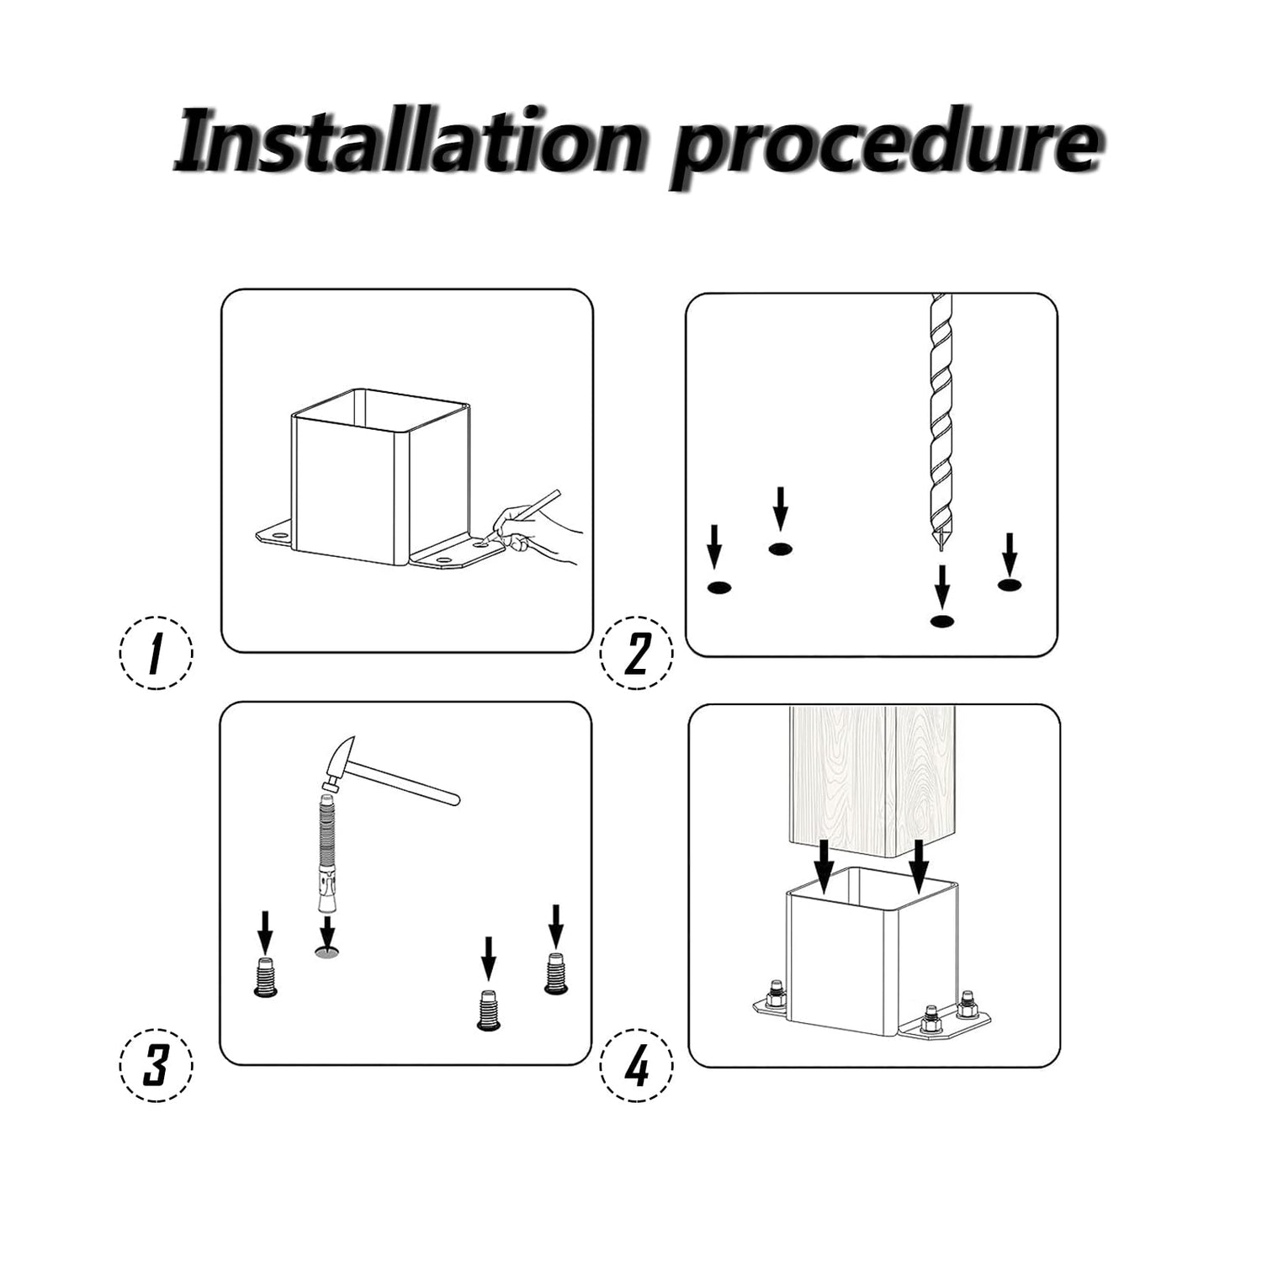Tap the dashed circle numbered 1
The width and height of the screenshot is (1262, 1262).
coord(156,652)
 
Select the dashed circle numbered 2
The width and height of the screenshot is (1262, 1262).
coord(637,652)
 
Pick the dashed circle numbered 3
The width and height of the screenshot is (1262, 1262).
coord(156,1064)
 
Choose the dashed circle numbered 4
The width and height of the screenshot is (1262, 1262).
coord(637,1064)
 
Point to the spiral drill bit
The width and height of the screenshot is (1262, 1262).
coord(938,421)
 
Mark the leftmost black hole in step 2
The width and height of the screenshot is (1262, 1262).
coord(718,586)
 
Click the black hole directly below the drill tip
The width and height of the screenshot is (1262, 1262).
coord(942,621)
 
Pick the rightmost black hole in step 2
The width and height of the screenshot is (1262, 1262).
coord(1010,584)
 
